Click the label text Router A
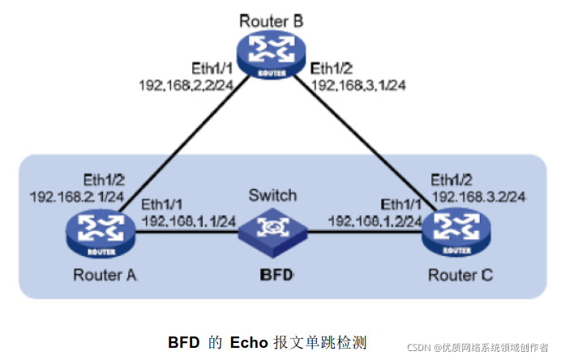(x=105, y=275)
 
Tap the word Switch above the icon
(x=272, y=195)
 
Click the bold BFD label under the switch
(x=273, y=274)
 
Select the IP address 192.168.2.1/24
(x=76, y=196)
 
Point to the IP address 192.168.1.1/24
(x=188, y=220)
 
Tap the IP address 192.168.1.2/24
(x=375, y=220)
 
